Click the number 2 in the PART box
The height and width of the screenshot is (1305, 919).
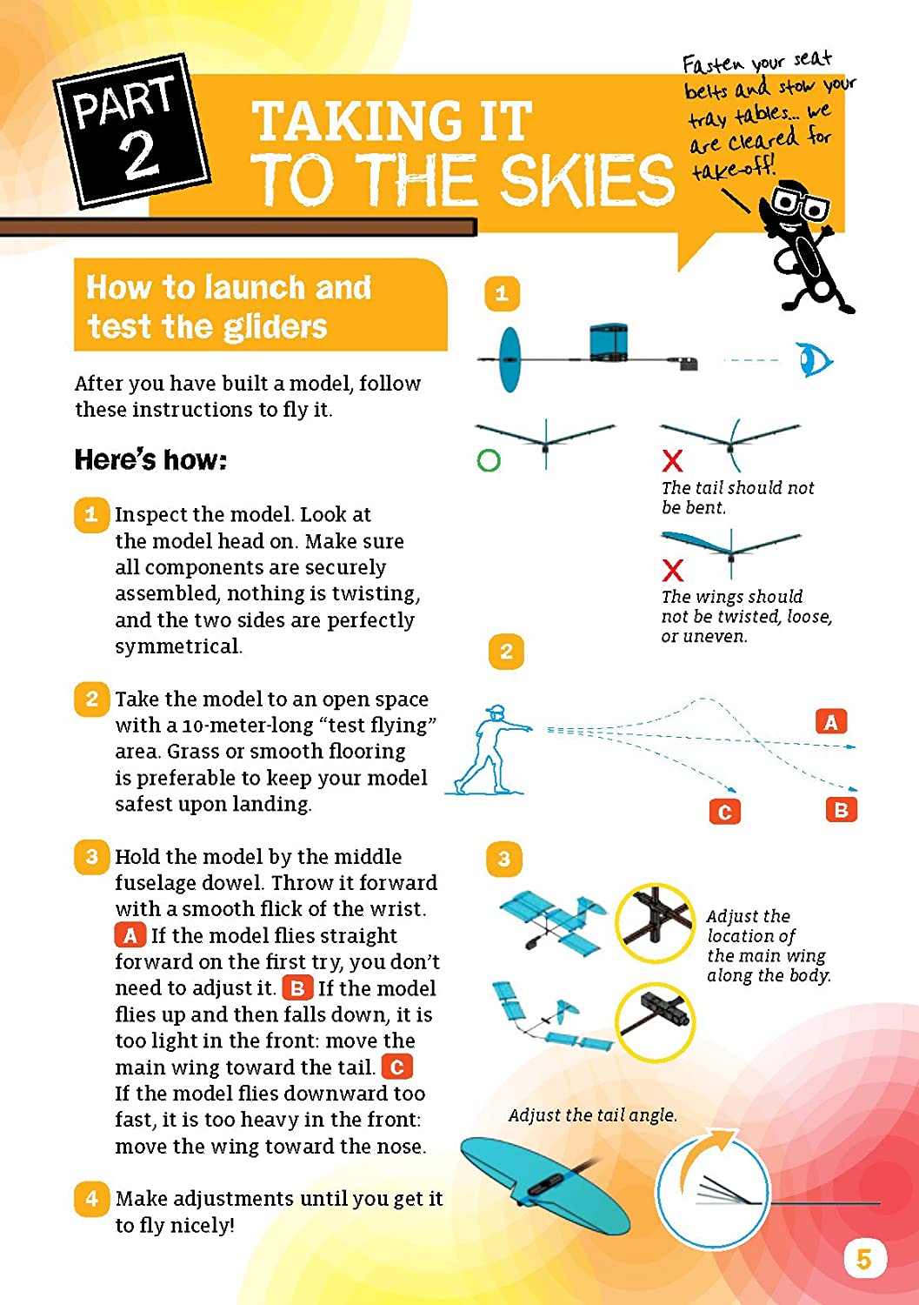pos(139,156)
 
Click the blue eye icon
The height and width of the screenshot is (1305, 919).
pos(815,360)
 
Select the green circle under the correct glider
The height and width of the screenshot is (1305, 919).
pos(489,460)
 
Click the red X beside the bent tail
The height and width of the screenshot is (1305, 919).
pos(672,460)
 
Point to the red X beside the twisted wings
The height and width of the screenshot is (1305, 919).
pos(672,570)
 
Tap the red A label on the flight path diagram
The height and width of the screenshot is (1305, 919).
pos(830,722)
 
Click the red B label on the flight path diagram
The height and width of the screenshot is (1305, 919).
pos(841,810)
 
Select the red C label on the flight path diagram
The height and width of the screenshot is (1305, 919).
pos(724,812)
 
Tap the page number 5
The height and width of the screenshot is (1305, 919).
pos(863,1259)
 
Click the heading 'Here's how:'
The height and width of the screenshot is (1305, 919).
pos(150,459)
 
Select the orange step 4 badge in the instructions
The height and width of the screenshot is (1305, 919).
pos(91,1199)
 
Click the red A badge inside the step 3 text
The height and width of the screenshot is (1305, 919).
pos(130,935)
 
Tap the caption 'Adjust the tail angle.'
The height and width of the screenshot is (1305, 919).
pos(592,1115)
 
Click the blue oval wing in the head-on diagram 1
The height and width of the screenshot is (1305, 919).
pos(509,359)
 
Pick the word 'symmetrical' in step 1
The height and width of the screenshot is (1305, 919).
pos(177,646)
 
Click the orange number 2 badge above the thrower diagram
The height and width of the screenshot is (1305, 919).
pos(506,652)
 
